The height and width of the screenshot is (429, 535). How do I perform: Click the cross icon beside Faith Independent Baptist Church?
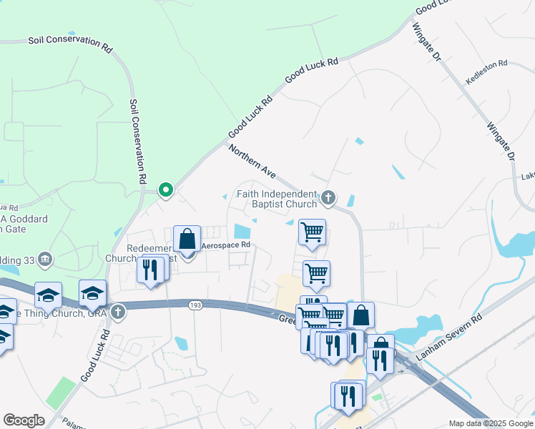[328, 197]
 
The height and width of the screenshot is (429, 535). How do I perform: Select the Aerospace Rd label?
[225, 245]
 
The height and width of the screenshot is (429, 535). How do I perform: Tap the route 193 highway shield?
[195, 305]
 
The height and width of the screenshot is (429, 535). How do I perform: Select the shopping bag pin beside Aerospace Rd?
[187, 240]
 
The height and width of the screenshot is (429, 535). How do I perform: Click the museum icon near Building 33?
[45, 258]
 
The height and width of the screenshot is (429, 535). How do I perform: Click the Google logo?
[24, 420]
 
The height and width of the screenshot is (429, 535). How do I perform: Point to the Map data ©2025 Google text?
[490, 423]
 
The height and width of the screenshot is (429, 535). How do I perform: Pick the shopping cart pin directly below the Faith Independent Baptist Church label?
[312, 232]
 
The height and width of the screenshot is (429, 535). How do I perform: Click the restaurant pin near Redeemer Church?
[150, 270]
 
